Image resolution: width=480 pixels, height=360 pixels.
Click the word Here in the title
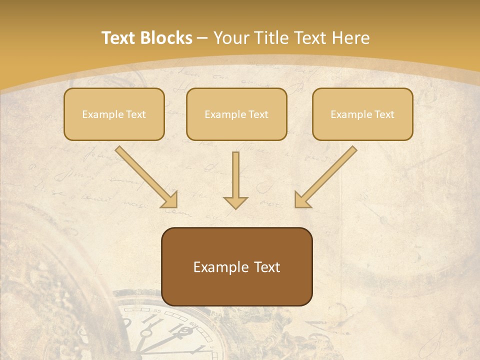350,38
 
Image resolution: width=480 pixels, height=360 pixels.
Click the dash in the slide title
202,38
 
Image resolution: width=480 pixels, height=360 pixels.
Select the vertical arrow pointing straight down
235,180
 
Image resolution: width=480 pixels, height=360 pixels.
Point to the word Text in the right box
384,114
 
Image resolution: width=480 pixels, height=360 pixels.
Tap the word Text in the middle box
258,114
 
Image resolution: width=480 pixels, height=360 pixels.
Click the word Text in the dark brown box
268,267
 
